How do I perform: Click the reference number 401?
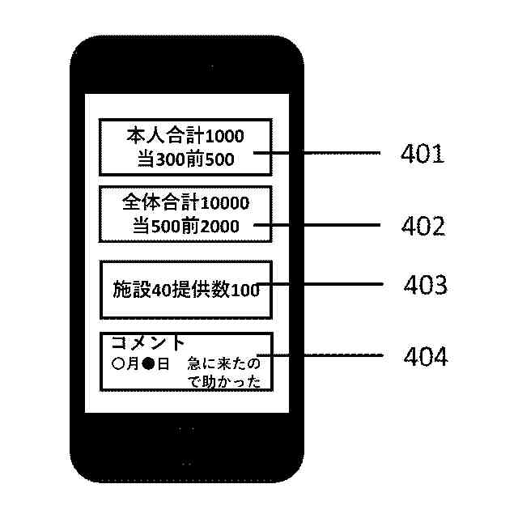coord(422,154)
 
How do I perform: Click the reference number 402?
coord(422,226)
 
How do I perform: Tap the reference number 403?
coord(425,285)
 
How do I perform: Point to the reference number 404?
coord(425,356)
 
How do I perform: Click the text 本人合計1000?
coord(185,135)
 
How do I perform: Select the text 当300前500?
coord(185,159)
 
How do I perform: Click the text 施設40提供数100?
coord(185,290)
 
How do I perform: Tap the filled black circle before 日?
coord(148,364)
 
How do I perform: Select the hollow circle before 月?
coord(118,364)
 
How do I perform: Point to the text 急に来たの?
coord(224,364)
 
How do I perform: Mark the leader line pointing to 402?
coord(324,225)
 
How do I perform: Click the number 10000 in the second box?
coord(223,202)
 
